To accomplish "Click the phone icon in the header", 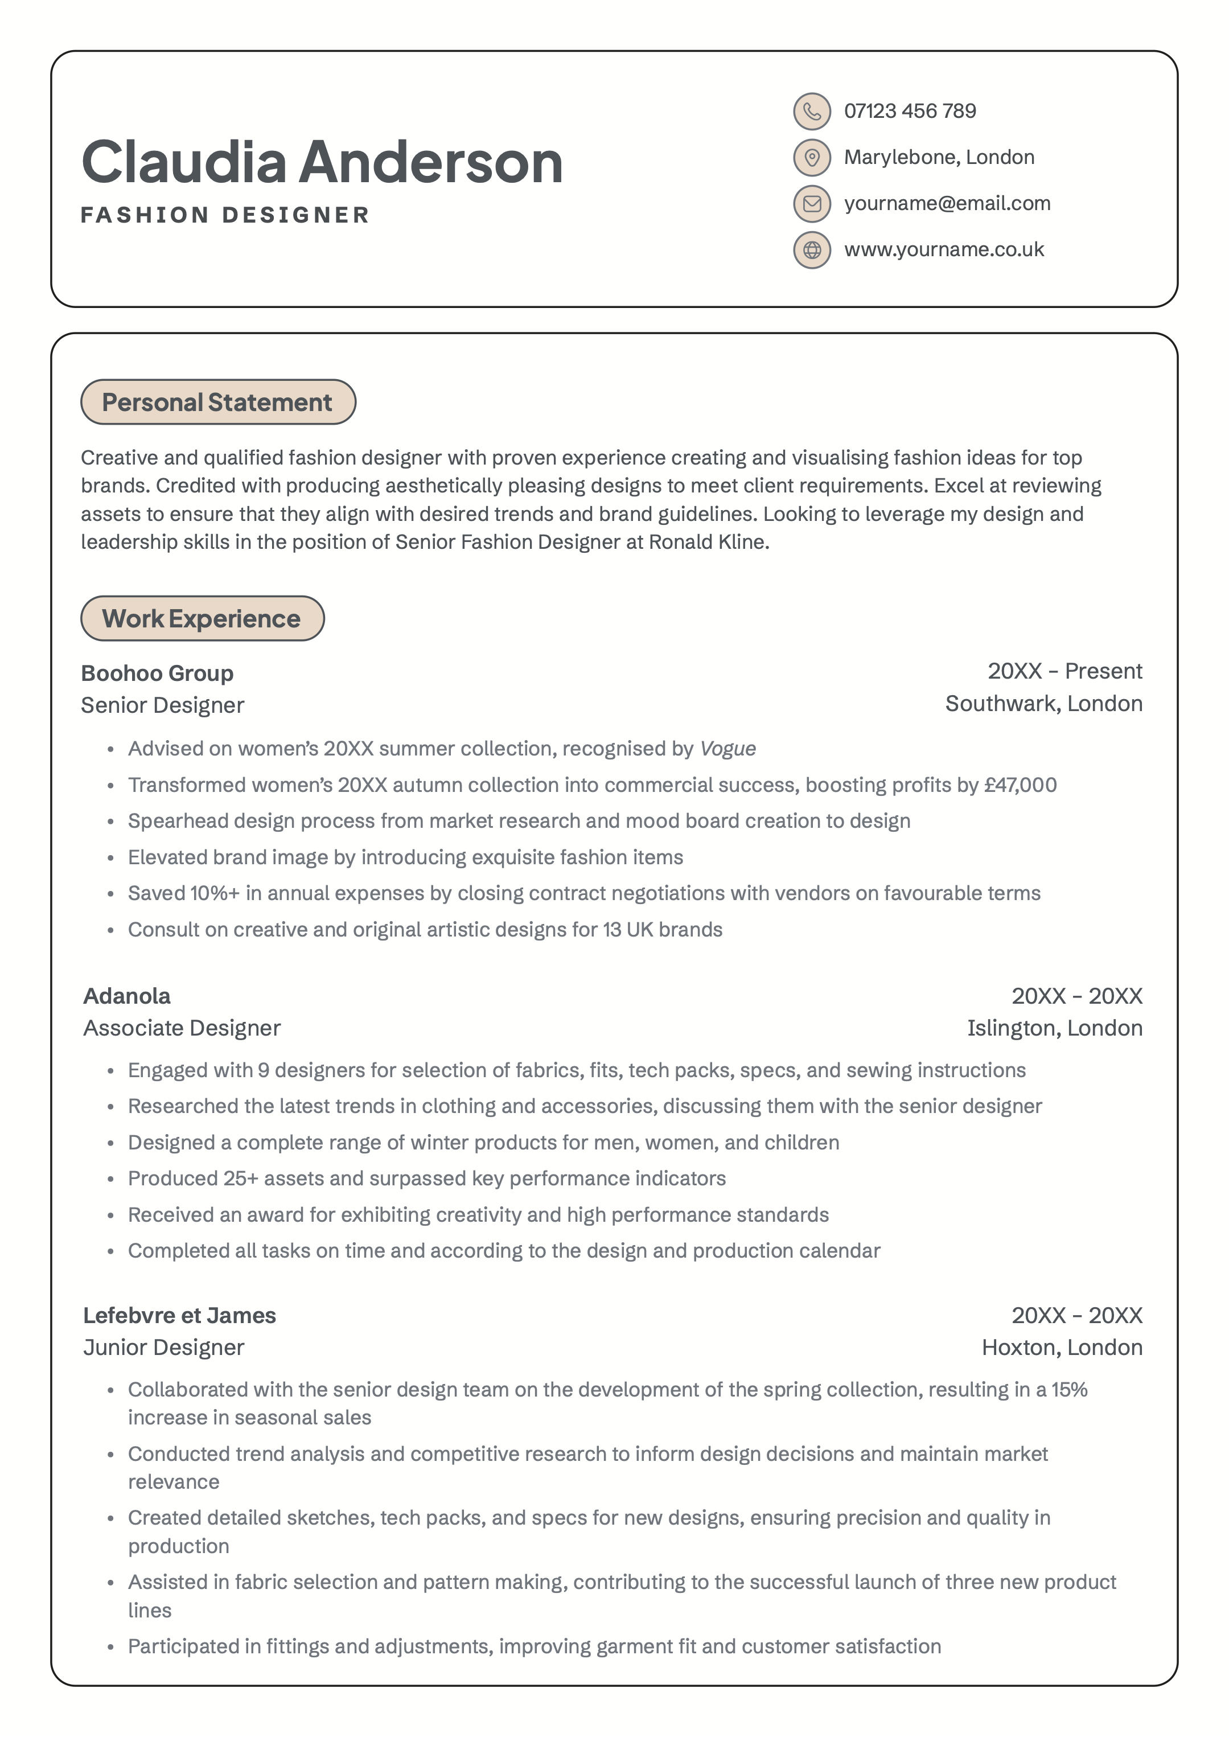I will (x=811, y=112).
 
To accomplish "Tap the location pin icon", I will (x=811, y=158).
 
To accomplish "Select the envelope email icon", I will (x=811, y=204).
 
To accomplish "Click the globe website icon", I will (x=811, y=250).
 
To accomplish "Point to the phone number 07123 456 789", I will (x=910, y=111).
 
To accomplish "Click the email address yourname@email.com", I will (x=947, y=204).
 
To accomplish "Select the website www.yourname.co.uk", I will (x=944, y=250).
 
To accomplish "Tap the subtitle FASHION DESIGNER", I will (x=225, y=215).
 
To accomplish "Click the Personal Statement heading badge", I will (x=218, y=402).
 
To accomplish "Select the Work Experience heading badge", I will (x=202, y=618).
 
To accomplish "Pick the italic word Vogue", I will (x=727, y=749).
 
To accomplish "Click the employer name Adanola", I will (x=127, y=996).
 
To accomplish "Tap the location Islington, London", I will (x=1054, y=1028).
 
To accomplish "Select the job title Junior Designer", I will (x=163, y=1347).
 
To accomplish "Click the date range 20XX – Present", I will (x=1065, y=671).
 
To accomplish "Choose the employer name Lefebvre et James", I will (x=179, y=1316).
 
